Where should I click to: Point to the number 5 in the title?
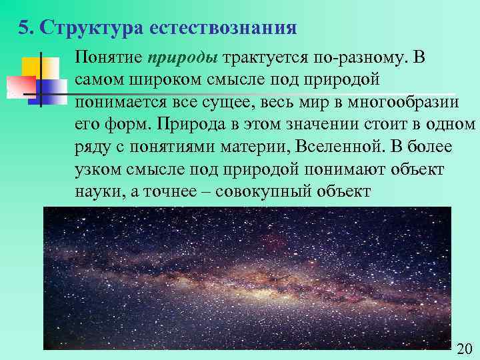tap(24, 29)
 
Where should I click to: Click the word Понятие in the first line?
tap(108, 58)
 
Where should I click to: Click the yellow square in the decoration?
tap(31, 67)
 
